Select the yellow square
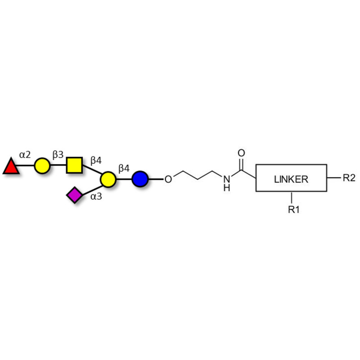tap(74, 165)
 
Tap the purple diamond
tap(74, 195)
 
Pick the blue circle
tap(140, 179)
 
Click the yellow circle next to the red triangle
tap(42, 165)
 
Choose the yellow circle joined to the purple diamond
tap(108, 179)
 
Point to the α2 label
tap(25, 155)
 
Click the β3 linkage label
tap(58, 155)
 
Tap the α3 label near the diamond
tap(95, 196)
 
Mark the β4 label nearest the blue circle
tap(124, 168)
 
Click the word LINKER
tap(291, 179)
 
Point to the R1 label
tap(293, 209)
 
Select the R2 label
tap(349, 178)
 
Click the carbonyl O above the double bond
tap(242, 152)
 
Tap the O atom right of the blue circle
tap(168, 180)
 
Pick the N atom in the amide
tap(226, 179)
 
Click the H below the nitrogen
tap(226, 188)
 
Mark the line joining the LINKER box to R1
tap(293, 198)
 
